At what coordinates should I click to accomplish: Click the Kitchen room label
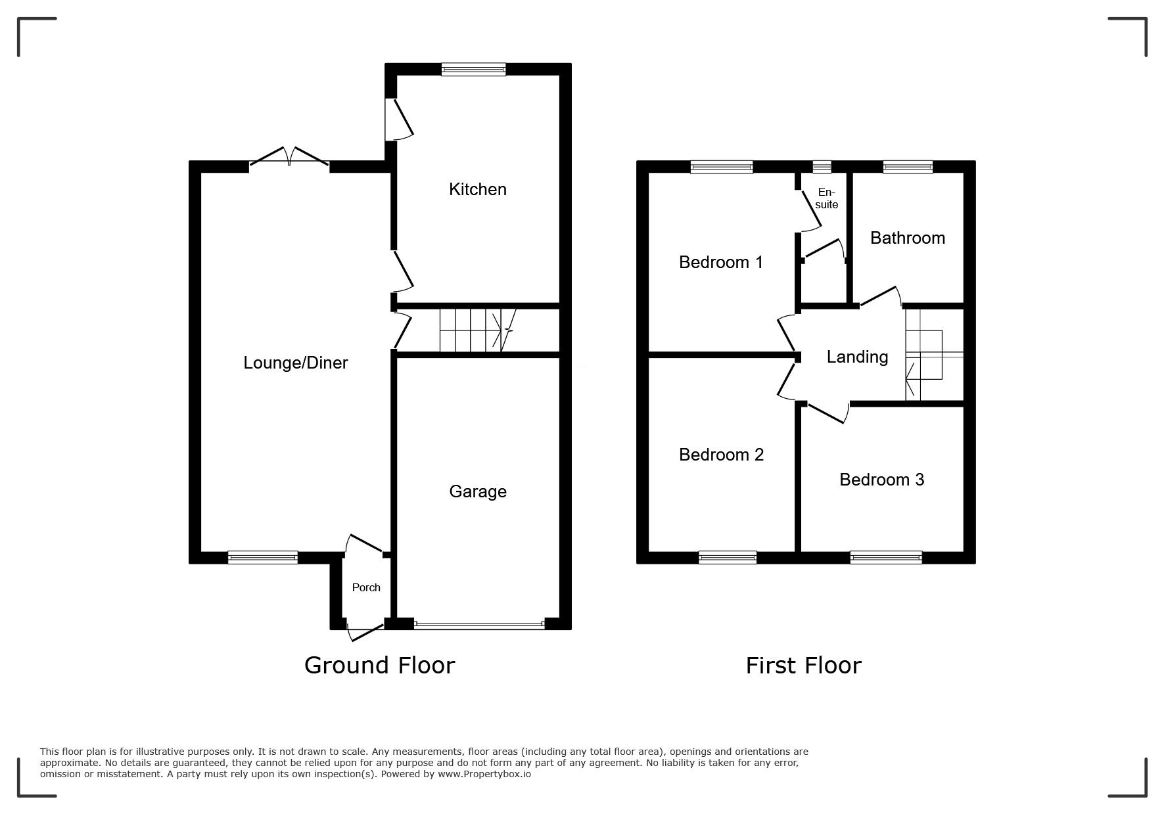point(478,189)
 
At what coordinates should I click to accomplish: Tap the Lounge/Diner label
point(296,363)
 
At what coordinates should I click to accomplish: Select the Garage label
point(478,491)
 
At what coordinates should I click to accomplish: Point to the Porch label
point(366,587)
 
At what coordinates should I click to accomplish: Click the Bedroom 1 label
point(721,262)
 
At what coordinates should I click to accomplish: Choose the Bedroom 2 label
point(722,455)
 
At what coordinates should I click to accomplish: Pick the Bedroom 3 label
point(882,480)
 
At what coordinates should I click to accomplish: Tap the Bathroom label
point(908,238)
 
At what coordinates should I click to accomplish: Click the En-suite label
point(826,198)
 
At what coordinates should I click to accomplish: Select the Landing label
point(857,357)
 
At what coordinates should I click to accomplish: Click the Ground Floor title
point(380,666)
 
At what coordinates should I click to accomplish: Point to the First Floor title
point(803,666)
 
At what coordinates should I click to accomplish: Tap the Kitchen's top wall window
point(474,69)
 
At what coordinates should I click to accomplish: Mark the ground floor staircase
point(478,330)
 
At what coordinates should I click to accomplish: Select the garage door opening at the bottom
point(479,625)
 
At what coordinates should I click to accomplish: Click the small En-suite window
point(822,167)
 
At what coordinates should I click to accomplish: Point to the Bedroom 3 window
point(886,558)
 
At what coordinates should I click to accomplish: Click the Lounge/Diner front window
point(263,558)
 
